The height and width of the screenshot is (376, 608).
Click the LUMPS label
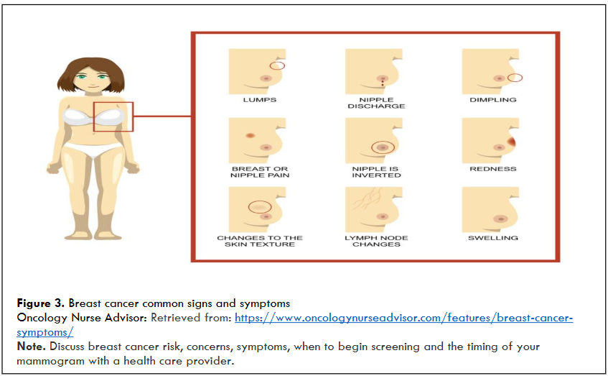259,100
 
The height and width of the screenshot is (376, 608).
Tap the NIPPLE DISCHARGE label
376,103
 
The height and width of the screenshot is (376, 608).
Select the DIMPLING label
492,100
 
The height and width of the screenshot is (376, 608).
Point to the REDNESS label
492,169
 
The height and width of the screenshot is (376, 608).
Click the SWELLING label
492,238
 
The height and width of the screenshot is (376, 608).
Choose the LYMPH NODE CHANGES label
376,241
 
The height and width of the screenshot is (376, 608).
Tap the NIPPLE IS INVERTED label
376,172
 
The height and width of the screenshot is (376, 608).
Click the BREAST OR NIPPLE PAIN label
259,172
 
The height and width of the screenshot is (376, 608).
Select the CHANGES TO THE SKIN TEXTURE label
259,241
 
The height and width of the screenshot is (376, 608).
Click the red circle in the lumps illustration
277,65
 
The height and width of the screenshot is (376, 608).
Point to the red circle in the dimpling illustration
515,78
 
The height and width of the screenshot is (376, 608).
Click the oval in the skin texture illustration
259,206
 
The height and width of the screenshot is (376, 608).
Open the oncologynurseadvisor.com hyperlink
402,317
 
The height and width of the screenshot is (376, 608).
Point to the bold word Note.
31,347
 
